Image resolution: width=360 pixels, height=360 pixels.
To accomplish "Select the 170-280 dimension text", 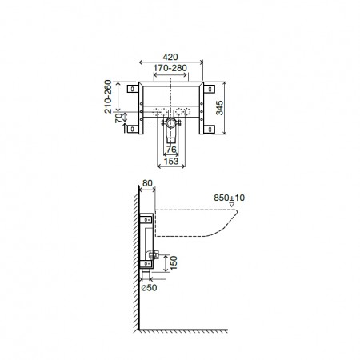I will [170, 70].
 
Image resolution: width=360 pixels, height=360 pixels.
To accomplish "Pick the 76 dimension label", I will [170, 149].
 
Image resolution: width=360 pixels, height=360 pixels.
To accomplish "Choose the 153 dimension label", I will [170, 161].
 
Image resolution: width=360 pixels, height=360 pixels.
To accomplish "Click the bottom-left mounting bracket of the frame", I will [132, 128].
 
